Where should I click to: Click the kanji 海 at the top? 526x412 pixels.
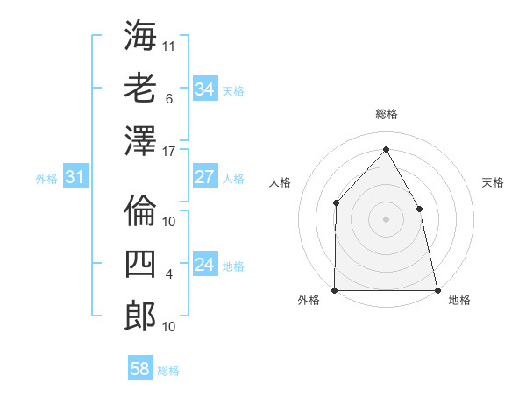click(x=140, y=36)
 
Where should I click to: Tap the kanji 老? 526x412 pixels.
click(x=140, y=88)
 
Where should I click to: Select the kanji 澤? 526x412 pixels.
click(x=140, y=139)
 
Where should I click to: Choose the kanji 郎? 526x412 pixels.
click(x=140, y=315)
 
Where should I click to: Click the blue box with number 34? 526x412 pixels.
click(x=205, y=89)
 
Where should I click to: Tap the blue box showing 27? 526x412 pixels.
click(x=205, y=177)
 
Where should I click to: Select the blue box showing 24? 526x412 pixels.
click(x=205, y=266)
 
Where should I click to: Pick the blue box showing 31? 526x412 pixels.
click(x=75, y=178)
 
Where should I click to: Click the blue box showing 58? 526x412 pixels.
click(x=140, y=369)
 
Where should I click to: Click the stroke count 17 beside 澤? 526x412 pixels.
click(x=170, y=151)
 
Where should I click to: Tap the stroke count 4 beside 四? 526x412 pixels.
click(x=169, y=274)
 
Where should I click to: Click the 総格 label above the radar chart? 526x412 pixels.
click(x=386, y=114)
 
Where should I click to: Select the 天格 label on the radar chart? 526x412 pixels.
click(x=493, y=182)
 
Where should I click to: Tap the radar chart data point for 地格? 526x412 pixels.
click(x=437, y=290)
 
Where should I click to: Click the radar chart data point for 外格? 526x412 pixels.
click(x=335, y=290)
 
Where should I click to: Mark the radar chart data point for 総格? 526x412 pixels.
click(x=386, y=149)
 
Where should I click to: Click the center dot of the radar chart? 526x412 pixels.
click(x=386, y=219)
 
